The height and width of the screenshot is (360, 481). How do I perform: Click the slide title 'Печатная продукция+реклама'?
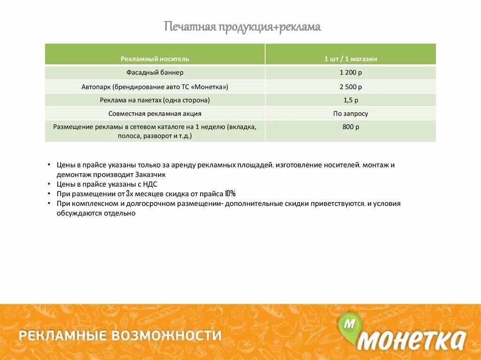(x=242, y=27)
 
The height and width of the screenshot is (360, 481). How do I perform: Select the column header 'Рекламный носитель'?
(x=155, y=59)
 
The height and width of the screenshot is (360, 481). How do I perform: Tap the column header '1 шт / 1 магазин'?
(x=350, y=59)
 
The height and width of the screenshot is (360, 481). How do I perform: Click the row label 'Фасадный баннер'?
(x=155, y=73)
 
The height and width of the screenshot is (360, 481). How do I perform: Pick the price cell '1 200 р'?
(x=350, y=73)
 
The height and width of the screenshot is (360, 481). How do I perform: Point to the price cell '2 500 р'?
(x=350, y=87)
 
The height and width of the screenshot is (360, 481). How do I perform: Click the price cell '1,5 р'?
(x=350, y=100)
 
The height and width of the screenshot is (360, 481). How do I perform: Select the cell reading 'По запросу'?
(x=350, y=114)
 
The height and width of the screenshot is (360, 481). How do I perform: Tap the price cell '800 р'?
(x=350, y=127)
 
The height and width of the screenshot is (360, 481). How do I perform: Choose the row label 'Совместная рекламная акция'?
(x=155, y=114)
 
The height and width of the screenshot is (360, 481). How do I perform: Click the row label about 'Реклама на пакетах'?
(x=155, y=100)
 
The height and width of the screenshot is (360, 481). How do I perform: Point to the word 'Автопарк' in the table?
(x=96, y=87)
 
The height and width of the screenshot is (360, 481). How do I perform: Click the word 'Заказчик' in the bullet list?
(x=152, y=174)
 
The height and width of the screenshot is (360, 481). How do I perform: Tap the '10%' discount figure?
(x=230, y=194)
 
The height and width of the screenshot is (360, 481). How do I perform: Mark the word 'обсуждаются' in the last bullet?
(x=78, y=213)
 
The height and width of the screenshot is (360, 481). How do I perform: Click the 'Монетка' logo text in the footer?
(x=412, y=339)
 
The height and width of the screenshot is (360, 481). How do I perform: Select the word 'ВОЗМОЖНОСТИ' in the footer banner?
(x=166, y=336)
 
